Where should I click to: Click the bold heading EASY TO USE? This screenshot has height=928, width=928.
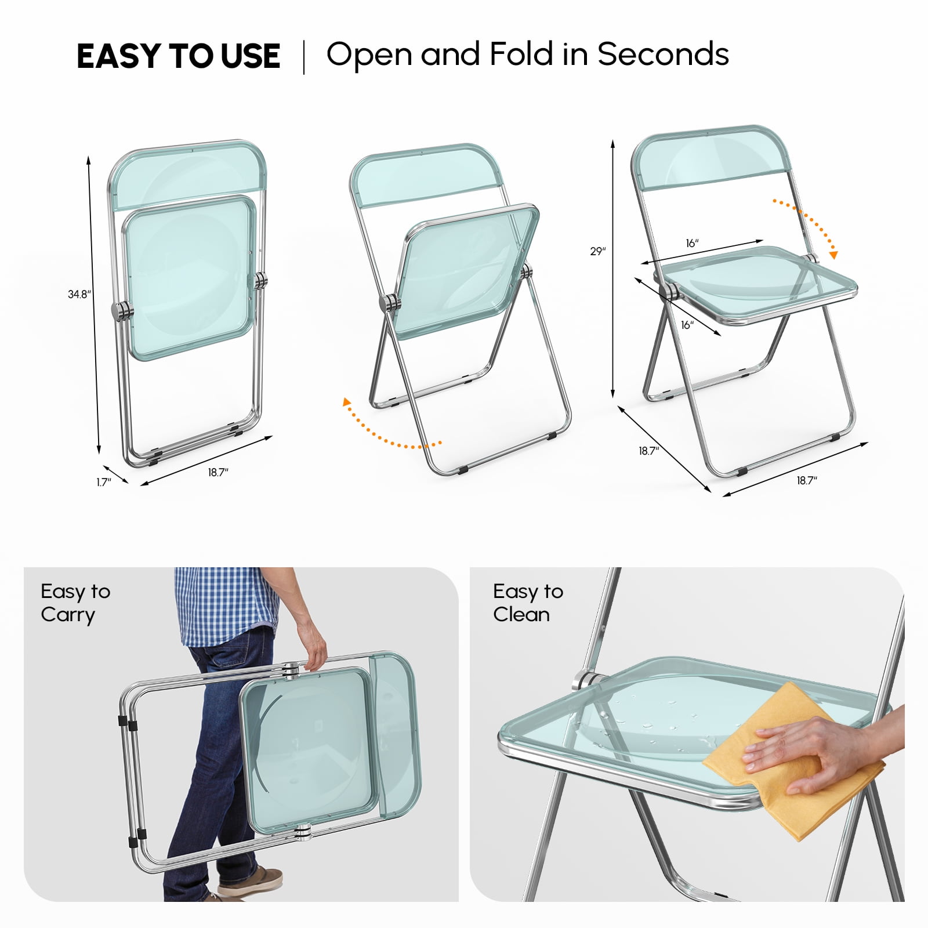178,56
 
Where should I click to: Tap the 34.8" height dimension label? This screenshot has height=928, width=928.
79,294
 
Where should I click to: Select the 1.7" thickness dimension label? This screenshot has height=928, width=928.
104,482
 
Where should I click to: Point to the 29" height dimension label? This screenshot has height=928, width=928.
598,251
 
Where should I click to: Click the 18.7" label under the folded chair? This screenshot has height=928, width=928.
218,472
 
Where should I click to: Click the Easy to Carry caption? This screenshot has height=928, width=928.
75,603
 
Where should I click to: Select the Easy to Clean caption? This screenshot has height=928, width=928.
528,603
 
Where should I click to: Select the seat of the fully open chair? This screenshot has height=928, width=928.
760,284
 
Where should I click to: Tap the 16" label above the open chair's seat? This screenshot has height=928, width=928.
692,243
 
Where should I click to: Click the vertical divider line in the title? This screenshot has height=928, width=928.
303,57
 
